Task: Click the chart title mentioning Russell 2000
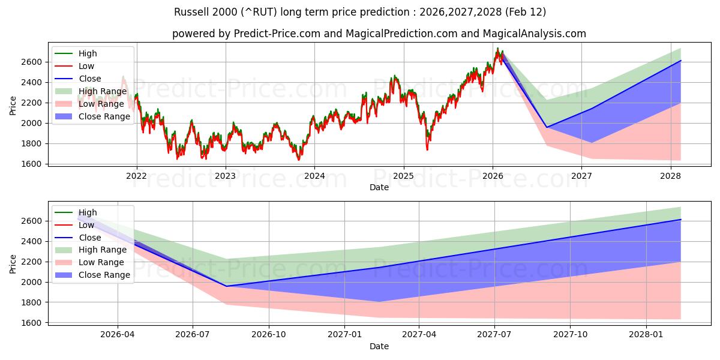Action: (359, 12)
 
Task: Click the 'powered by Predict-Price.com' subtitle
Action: (379, 34)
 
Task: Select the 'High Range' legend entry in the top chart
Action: (102, 91)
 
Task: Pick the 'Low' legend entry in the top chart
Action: (87, 66)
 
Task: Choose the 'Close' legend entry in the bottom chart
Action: (89, 238)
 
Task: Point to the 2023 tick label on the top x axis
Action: (226, 176)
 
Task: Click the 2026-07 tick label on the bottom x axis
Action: (193, 335)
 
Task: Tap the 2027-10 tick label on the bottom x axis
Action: (571, 335)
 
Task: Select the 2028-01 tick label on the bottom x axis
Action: (646, 335)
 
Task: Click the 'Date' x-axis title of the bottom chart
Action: (379, 346)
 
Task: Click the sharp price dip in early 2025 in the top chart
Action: (427, 149)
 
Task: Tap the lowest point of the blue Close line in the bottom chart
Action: (227, 286)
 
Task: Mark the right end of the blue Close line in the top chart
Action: (680, 61)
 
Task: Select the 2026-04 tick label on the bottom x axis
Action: (118, 335)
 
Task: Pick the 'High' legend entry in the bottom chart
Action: (88, 212)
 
